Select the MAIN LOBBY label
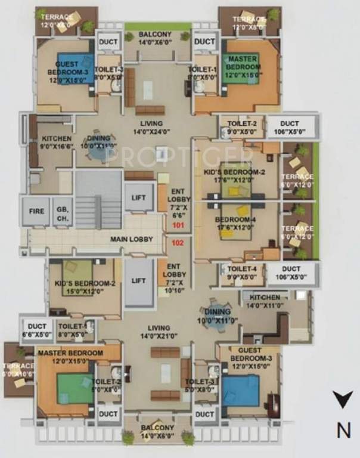click(132, 240)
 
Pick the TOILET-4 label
click(241, 273)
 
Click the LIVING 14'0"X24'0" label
click(154, 126)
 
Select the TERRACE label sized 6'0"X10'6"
click(16, 370)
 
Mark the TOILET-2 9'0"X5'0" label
click(241, 128)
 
